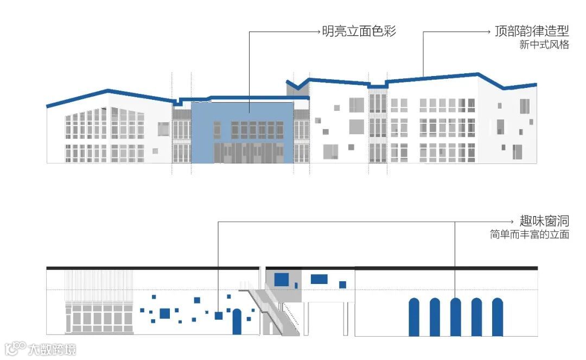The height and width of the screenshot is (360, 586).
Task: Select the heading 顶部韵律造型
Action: [x=532, y=31]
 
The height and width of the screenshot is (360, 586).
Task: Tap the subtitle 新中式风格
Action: [x=544, y=45]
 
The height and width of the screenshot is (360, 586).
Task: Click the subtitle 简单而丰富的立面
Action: [x=529, y=235]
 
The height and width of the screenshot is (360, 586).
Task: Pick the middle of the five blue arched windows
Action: [x=455, y=317]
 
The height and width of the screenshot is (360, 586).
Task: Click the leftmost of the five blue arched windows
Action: [x=414, y=317]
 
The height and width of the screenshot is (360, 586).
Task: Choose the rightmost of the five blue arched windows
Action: [x=497, y=317]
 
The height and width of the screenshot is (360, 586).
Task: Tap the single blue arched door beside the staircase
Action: [x=237, y=321]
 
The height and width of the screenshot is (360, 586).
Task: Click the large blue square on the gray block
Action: [x=281, y=279]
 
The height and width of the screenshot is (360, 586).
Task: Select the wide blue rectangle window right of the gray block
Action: [x=319, y=279]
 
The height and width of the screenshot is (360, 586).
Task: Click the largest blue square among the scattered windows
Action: [x=165, y=313]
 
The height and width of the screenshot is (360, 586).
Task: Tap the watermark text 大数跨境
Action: [x=52, y=348]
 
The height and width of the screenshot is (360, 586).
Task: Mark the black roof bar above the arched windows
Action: [x=446, y=268]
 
